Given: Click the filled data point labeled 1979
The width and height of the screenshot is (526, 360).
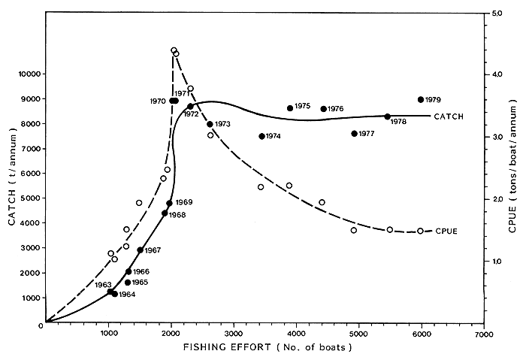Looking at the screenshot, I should click(421, 99).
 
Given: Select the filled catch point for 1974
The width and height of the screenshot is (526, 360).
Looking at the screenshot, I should click(261, 136).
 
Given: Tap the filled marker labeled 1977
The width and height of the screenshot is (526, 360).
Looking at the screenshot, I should click(354, 134).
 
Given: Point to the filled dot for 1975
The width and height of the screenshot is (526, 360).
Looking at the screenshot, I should click(290, 108).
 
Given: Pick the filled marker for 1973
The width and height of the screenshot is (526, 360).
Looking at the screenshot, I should click(210, 124).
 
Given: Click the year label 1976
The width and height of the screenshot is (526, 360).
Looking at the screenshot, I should click(335, 109).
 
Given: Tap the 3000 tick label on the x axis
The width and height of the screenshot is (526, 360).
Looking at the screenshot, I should click(234, 333).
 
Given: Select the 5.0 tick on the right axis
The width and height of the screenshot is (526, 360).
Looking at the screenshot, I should click(497, 13).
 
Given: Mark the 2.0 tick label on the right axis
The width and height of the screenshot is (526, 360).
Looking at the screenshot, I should click(497, 199).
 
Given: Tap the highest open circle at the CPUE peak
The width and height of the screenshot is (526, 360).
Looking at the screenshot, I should click(174, 50).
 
